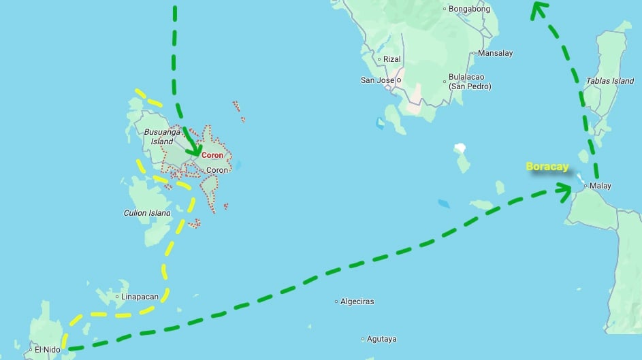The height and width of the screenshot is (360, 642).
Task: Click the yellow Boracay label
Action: point(547,167)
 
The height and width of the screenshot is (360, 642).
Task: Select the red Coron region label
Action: point(212,155)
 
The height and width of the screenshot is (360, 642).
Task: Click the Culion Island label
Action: point(147,213)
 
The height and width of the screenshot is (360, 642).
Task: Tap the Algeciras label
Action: point(357,301)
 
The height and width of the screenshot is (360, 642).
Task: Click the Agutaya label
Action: point(382,339)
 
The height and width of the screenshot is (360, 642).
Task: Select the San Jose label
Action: point(377,80)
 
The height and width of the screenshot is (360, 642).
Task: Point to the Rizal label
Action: point(391,59)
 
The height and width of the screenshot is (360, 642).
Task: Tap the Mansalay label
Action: point(495,53)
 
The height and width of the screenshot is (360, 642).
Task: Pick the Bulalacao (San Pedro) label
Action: point(470,82)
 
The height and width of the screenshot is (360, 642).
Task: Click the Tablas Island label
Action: point(610,81)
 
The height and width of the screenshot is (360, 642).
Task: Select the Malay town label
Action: point(600,186)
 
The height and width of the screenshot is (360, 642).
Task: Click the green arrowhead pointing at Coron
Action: point(194,148)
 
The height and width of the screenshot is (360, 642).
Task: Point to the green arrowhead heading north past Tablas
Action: point(539,8)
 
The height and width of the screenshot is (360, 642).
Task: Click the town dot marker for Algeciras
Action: point(336,301)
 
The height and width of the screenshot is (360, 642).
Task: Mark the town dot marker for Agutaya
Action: point(363,339)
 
